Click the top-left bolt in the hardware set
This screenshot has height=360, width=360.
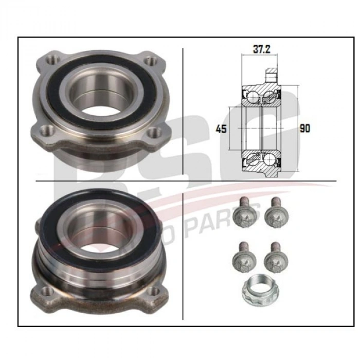coord(241,215)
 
